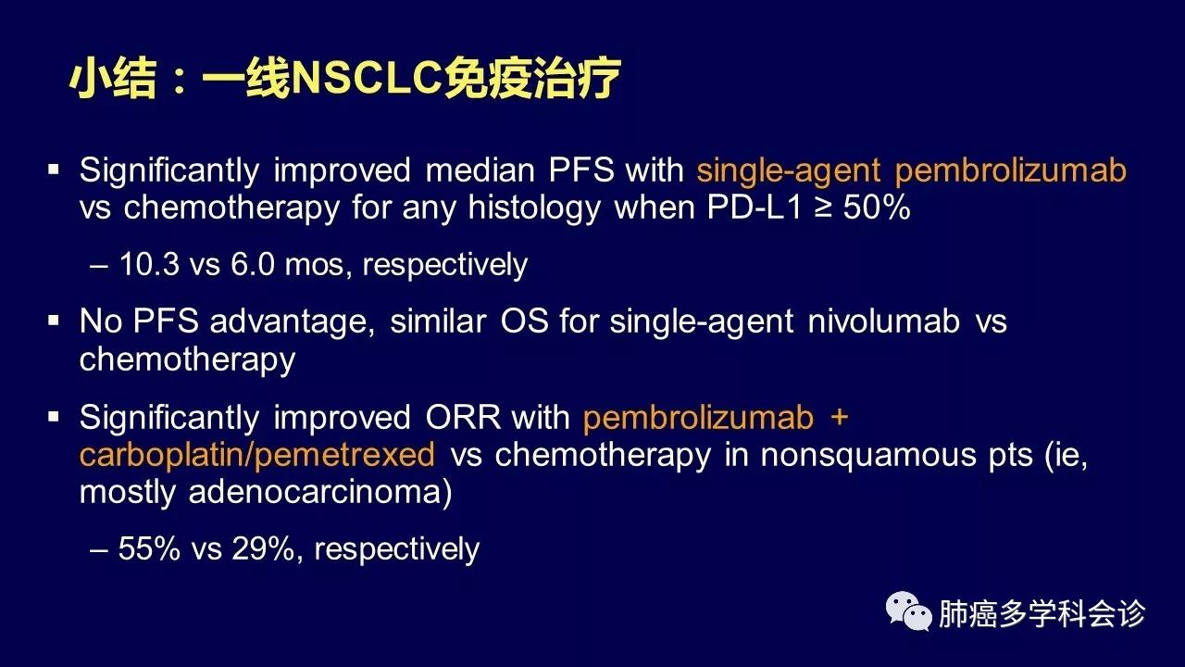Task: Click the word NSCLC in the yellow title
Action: (x=367, y=79)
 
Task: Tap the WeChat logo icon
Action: (x=908, y=611)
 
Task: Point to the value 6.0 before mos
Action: (x=253, y=264)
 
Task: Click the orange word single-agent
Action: (x=788, y=171)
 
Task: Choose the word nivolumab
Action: (x=883, y=321)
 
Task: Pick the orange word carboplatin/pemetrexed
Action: (x=257, y=454)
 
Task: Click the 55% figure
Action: (x=149, y=547)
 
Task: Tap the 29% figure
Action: (x=262, y=547)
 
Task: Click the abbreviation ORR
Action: (x=463, y=417)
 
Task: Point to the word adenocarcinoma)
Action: (x=320, y=492)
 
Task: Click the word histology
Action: (x=534, y=208)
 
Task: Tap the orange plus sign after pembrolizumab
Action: (x=840, y=418)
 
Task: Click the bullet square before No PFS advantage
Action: (x=54, y=320)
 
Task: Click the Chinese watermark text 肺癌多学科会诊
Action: (x=1042, y=613)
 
